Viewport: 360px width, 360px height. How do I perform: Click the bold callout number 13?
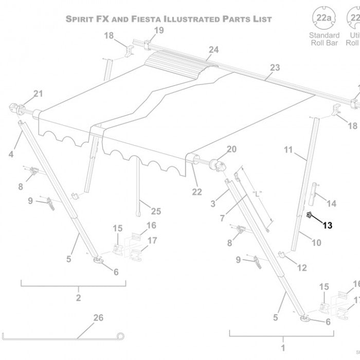click(x=328, y=224)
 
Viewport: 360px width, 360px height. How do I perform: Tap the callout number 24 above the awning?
click(x=213, y=49)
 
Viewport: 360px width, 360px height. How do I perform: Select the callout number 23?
click(x=275, y=67)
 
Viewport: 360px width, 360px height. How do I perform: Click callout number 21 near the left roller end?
click(x=39, y=93)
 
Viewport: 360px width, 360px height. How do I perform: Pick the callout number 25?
click(x=156, y=211)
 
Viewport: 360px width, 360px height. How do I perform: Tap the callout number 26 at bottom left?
click(x=98, y=317)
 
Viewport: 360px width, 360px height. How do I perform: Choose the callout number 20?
click(x=231, y=149)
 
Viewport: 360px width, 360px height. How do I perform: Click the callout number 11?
click(x=288, y=150)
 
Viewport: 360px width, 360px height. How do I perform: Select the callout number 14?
click(x=332, y=204)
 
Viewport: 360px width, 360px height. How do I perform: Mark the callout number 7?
click(x=222, y=218)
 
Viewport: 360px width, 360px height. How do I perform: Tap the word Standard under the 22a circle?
click(x=324, y=35)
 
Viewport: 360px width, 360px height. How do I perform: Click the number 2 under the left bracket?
click(x=78, y=298)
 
